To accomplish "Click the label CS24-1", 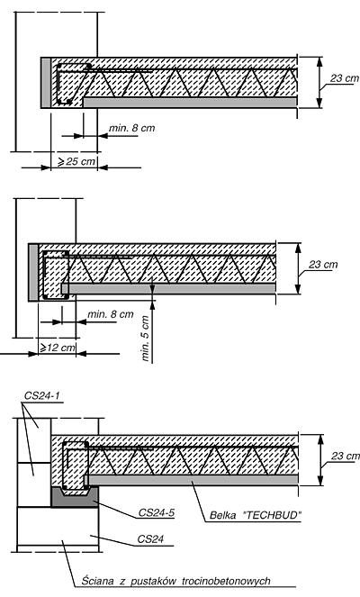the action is [42, 395].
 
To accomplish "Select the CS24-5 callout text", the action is [156, 512].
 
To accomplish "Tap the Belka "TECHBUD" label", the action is [256, 515].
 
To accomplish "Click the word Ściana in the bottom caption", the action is [97, 581].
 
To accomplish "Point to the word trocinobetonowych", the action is [226, 581].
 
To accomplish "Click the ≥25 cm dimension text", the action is [76, 161].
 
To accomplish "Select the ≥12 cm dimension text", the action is [58, 348].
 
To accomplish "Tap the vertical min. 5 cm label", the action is [146, 338].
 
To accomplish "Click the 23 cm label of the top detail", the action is [345, 78].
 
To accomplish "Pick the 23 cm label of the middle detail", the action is [323, 264].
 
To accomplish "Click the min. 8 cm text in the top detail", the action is [132, 128].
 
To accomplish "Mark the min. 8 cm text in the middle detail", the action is [111, 314].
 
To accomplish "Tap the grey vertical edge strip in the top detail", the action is [46, 83].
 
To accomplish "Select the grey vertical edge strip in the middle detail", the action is [33, 273].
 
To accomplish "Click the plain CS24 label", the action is [150, 539].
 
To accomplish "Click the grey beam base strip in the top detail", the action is [190, 102].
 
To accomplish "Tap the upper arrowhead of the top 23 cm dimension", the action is [319, 61].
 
